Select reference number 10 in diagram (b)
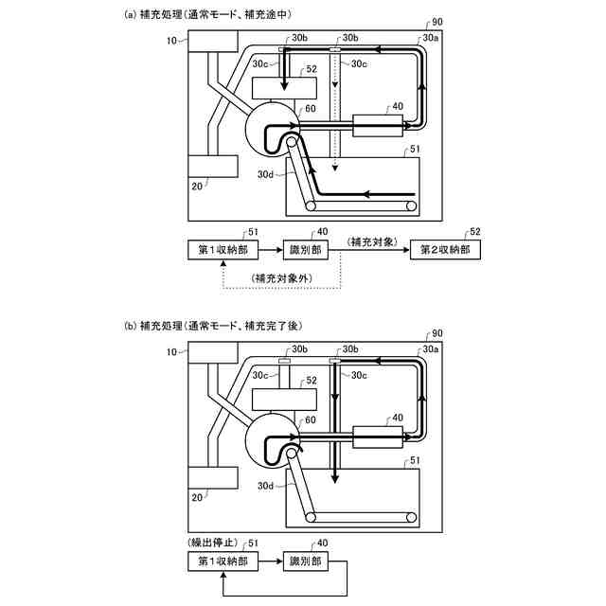(x=171, y=351)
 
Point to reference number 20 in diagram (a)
(x=197, y=187)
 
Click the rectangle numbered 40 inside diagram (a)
(x=377, y=125)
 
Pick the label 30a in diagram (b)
(x=431, y=349)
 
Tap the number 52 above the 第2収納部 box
(x=474, y=232)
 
